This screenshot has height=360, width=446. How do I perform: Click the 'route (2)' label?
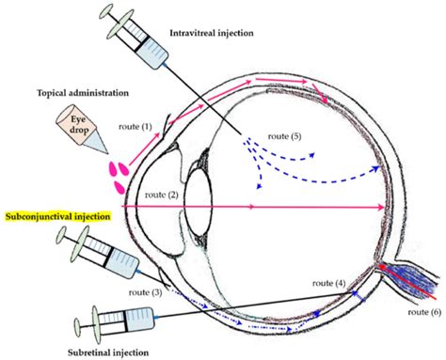click(164, 195)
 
